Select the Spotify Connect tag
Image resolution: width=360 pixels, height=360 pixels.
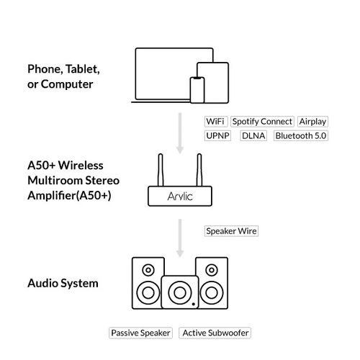[x=262, y=122]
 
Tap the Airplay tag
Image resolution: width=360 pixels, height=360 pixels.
[x=312, y=122]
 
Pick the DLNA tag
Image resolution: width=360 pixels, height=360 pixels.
[x=253, y=135]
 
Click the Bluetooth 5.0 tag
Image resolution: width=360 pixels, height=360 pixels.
[x=300, y=135]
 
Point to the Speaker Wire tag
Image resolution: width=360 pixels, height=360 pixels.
[x=231, y=231]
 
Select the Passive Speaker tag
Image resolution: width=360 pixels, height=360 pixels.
[x=140, y=333]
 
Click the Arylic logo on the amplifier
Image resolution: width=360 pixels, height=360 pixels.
[x=179, y=194]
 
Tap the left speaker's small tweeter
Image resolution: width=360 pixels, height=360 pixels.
[x=148, y=271]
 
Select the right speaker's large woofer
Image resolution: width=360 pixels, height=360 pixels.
[x=211, y=293]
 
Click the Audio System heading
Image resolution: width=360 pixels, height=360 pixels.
[x=62, y=284]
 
